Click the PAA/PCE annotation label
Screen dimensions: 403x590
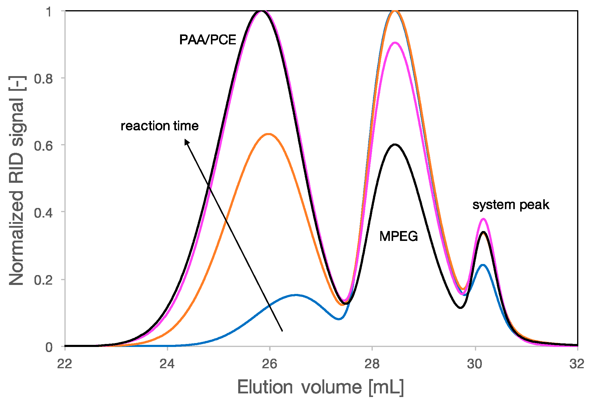(207, 40)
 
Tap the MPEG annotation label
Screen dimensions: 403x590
(398, 236)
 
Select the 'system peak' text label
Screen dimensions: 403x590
(511, 205)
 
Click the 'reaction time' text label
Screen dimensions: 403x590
(159, 126)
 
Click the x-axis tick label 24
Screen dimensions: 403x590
(167, 364)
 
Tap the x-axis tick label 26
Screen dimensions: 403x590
(269, 364)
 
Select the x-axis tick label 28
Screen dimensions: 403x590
(372, 364)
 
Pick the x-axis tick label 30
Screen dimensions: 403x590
(475, 364)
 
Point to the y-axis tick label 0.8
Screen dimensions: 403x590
(43, 79)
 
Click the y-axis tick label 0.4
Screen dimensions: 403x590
(43, 213)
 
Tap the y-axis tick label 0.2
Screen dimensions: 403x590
(43, 280)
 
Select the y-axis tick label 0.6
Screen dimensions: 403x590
(43, 146)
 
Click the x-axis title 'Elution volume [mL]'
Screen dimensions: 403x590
(320, 387)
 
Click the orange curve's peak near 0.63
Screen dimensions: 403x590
(268, 134)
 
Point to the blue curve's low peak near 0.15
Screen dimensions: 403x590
(295, 295)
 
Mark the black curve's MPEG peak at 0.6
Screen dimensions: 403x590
(395, 145)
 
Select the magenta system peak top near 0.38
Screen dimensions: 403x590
(483, 219)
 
